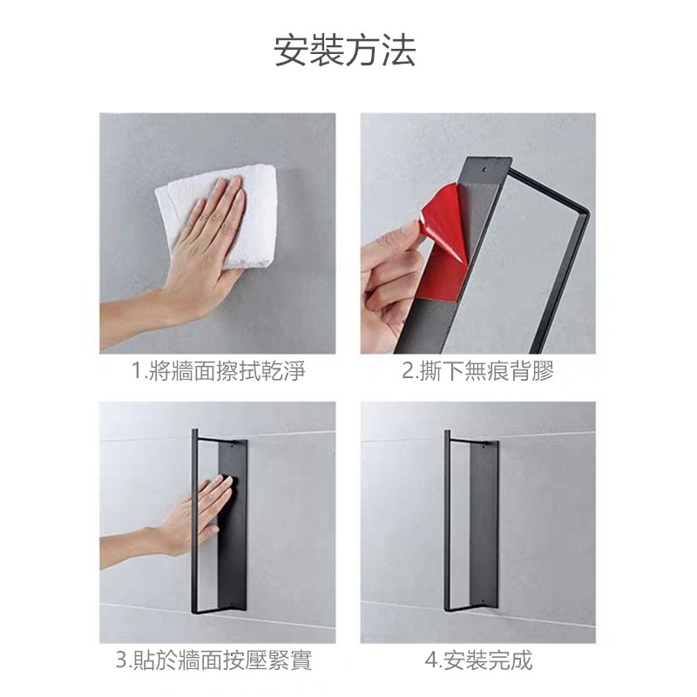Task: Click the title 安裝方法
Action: click(345, 51)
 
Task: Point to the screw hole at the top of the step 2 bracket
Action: click(484, 169)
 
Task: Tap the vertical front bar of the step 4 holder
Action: click(447, 520)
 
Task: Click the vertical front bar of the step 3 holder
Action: click(194, 521)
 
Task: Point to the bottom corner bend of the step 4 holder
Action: click(448, 608)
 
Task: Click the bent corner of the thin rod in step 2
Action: click(585, 215)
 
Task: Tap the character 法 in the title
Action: click(399, 51)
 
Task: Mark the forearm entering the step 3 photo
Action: click(129, 547)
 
